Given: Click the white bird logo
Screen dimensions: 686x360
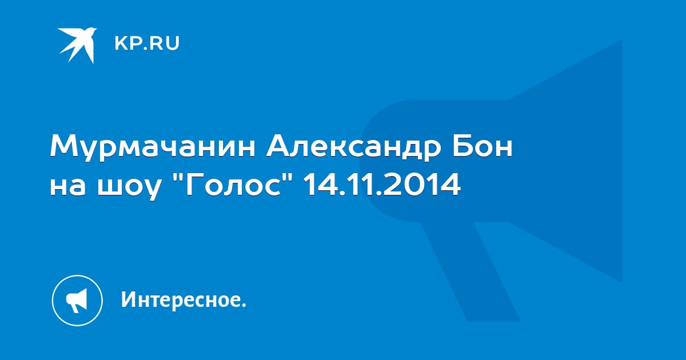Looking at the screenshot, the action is pos(77,45).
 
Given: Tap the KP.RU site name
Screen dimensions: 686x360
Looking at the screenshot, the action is pos(147,43).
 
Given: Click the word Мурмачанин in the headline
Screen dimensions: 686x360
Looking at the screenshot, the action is pos(153,147).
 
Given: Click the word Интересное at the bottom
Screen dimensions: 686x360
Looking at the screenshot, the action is pos(181,299).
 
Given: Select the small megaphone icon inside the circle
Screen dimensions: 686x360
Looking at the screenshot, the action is pos(77,301).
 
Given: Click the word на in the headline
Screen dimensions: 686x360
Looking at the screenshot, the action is pos(68,186).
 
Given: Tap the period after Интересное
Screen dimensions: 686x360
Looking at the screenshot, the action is pos(244,306).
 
